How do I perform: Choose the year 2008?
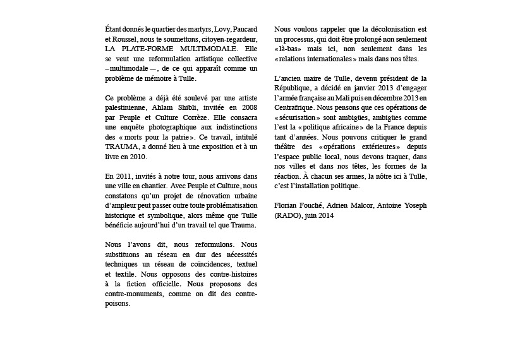(x=247, y=107)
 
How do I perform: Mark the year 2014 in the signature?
(x=327, y=215)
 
